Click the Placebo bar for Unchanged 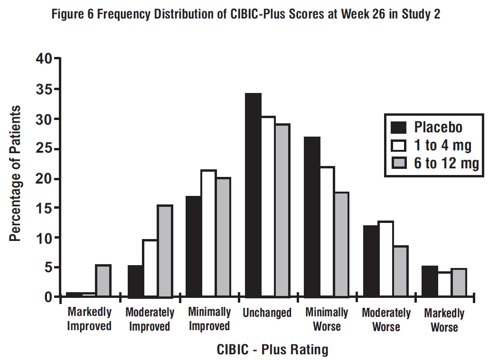point(254,195)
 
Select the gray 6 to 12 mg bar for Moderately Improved point(165,251)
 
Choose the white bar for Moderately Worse point(386,259)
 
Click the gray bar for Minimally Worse point(341,245)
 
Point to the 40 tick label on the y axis point(44,59)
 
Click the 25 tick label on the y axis point(44,149)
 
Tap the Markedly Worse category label point(444,320)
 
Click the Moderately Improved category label point(150,320)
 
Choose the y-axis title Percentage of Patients point(16,174)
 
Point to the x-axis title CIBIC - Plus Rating point(272,350)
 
